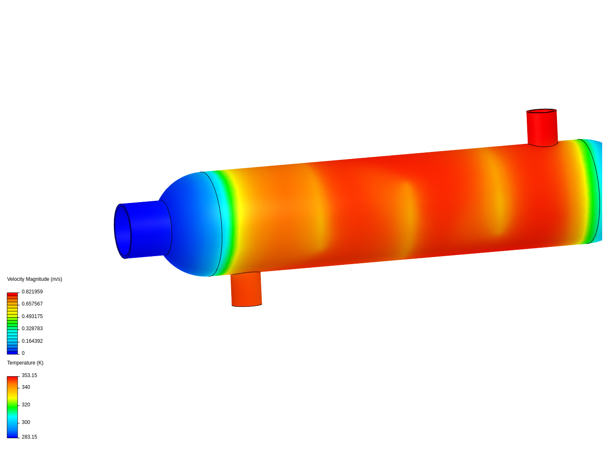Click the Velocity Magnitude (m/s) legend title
click(34, 279)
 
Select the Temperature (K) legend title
click(25, 363)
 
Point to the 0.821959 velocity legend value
click(32, 292)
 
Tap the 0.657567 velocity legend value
click(32, 304)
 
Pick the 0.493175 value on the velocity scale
click(32, 316)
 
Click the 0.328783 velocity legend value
click(32, 329)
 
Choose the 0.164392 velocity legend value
click(32, 341)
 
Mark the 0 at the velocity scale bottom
click(23, 353)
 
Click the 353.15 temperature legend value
click(29, 375)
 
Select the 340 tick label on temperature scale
click(26, 387)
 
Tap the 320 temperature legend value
click(26, 405)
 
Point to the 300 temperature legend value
click(26, 422)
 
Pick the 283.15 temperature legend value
click(29, 437)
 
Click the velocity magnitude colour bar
click(13, 323)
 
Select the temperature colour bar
click(13, 407)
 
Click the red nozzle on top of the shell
click(542, 128)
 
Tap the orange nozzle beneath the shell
click(246, 290)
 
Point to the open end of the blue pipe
click(122, 231)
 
